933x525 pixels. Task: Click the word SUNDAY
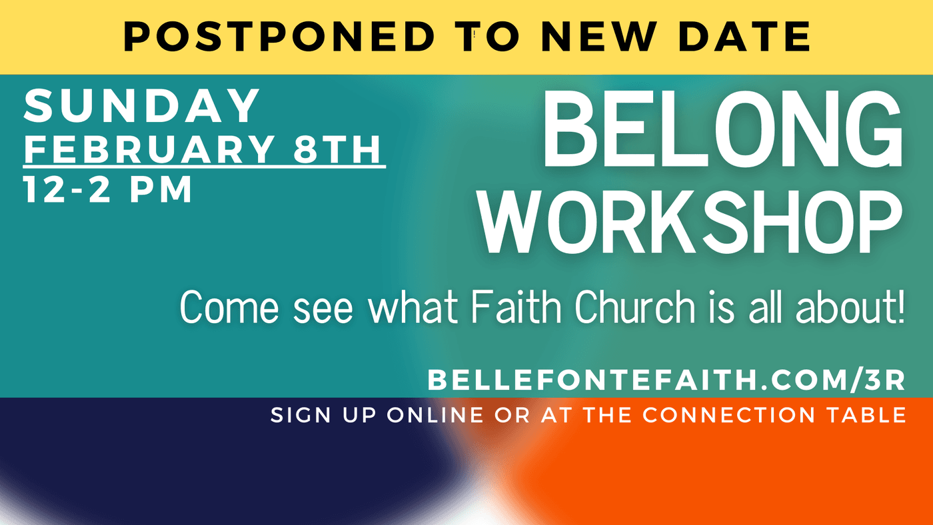pyautogui.click(x=141, y=106)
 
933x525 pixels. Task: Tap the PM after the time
pyautogui.click(x=161, y=189)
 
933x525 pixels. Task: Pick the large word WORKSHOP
pyautogui.click(x=690, y=223)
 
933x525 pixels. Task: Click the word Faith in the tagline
pyautogui.click(x=516, y=307)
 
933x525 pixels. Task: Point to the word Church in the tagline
pyautogui.click(x=635, y=307)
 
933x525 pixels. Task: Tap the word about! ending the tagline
pyautogui.click(x=850, y=307)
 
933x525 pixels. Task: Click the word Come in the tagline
pyautogui.click(x=229, y=307)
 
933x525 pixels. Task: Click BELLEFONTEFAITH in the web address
pyautogui.click(x=592, y=380)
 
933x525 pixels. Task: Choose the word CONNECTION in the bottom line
pyautogui.click(x=728, y=415)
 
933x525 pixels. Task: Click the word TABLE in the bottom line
pyautogui.click(x=866, y=415)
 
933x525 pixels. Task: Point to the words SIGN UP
pyautogui.click(x=323, y=415)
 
